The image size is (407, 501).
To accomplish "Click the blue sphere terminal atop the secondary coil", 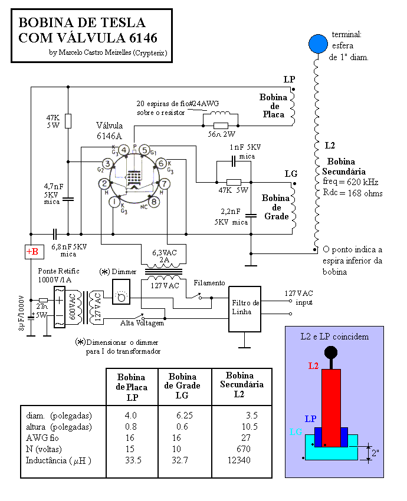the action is [318, 44].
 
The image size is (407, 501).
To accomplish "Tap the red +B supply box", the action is [34, 252].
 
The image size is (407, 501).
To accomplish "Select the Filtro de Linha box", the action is [245, 309].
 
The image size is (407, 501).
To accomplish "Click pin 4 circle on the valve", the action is [124, 150].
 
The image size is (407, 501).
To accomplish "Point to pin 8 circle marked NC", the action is [154, 202].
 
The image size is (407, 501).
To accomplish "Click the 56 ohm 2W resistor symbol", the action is [221, 126].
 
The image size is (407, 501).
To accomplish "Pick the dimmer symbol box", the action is [121, 292].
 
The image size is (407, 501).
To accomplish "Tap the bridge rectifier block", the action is [60, 306].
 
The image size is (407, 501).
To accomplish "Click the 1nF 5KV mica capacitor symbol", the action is [234, 161].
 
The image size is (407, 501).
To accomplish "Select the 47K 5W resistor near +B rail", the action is [68, 121].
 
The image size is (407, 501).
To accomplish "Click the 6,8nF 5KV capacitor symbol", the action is [55, 234].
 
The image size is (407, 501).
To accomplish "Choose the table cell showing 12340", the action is [239, 460].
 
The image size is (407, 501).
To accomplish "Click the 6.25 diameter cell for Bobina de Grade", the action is [185, 416].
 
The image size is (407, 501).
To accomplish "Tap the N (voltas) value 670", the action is [243, 449].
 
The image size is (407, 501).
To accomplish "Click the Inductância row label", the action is [58, 460].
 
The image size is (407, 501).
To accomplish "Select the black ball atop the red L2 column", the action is [331, 353].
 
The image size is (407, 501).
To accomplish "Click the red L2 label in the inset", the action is [313, 366].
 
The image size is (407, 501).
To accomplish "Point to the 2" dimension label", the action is [375, 453].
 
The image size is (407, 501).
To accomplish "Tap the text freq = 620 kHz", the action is [350, 182].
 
